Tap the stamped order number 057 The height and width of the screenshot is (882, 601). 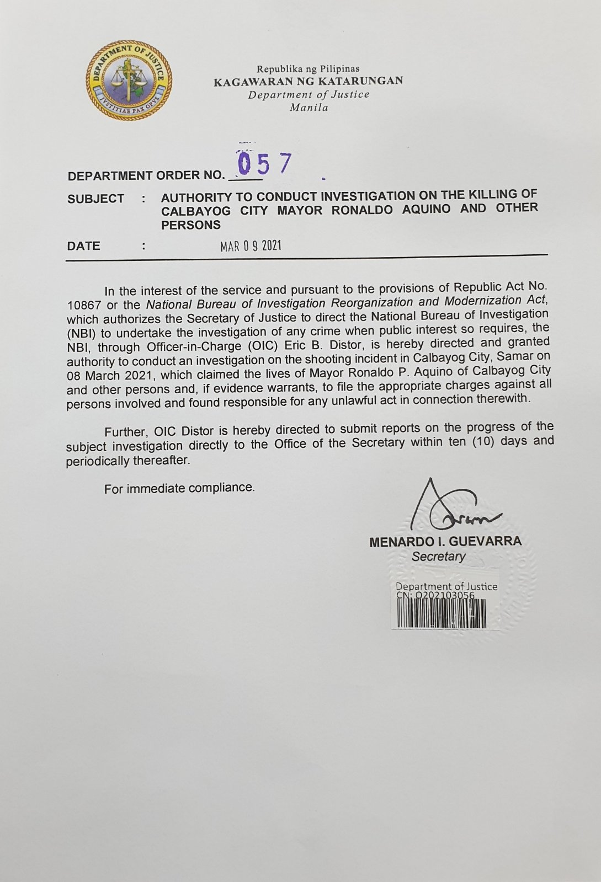point(264,163)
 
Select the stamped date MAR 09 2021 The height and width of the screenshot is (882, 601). point(251,246)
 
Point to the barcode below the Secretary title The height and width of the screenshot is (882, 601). point(442,614)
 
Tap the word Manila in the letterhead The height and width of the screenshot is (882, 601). point(309,107)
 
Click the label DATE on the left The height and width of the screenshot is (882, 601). point(84,246)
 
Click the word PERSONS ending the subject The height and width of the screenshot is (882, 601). point(191,225)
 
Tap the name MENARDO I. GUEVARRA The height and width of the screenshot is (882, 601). point(445,542)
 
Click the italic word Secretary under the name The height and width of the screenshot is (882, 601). point(438,557)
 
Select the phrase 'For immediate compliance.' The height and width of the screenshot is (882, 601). point(179,488)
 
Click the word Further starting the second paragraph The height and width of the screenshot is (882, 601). point(126,431)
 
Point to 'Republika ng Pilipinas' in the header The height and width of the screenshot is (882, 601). point(308,69)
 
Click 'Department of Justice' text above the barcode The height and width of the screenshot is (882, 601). point(446,586)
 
